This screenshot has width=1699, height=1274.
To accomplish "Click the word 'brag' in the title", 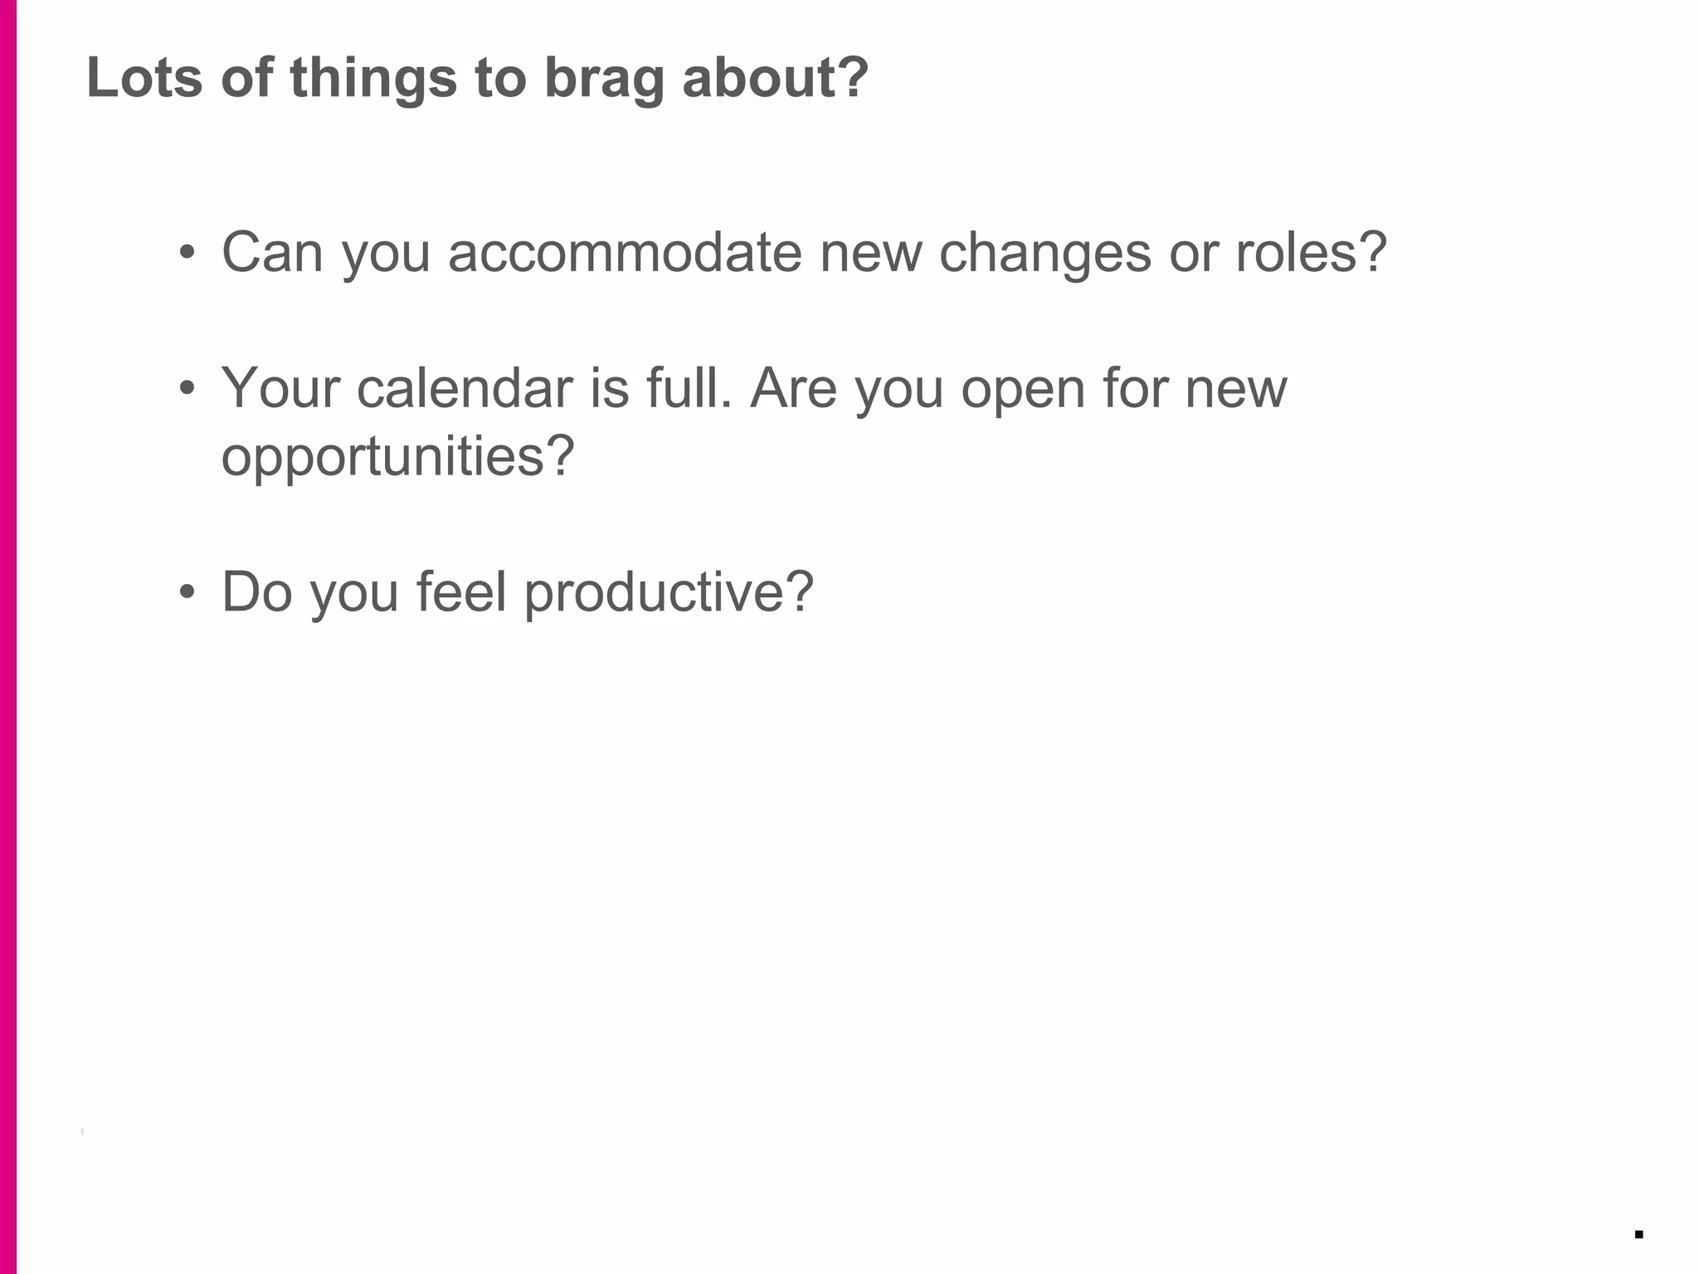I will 604,79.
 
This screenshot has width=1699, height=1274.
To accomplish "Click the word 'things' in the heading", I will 373,79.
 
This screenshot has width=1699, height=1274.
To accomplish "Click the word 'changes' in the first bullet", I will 1044,253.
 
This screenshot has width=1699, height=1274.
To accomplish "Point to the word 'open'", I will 1023,389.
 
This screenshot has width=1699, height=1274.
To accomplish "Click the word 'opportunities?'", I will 397,457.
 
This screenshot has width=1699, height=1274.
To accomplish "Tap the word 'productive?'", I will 669,593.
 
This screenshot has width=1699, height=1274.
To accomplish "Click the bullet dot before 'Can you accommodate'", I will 187,253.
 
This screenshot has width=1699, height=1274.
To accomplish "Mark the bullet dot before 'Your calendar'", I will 187,389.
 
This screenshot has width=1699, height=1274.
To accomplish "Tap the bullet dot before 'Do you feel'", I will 187,593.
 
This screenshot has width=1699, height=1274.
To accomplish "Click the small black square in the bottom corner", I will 1638,1234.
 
